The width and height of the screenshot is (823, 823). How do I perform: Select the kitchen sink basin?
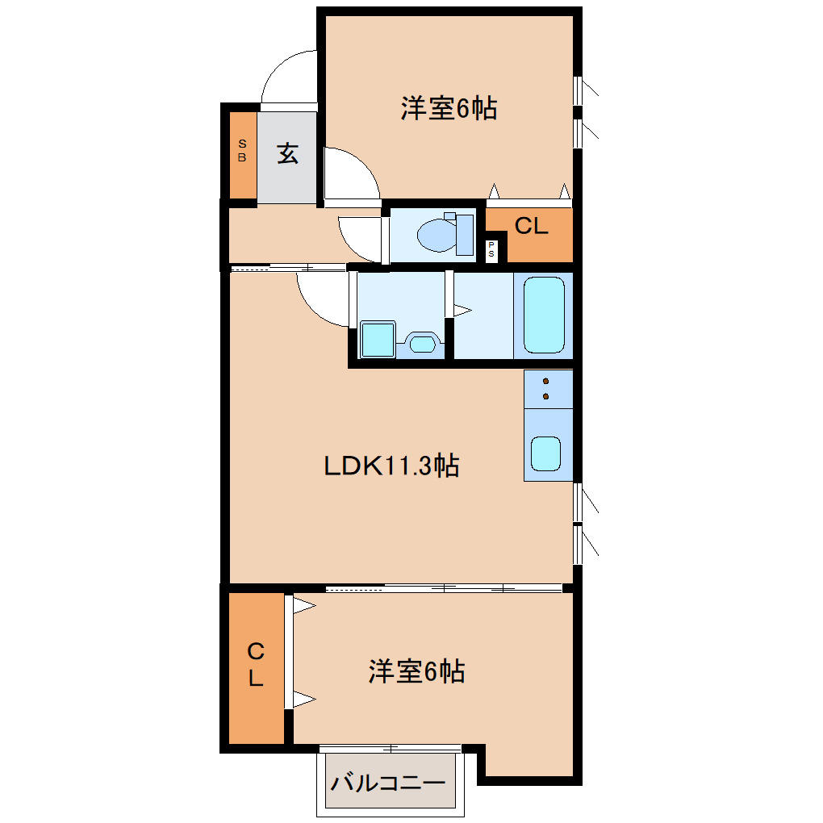pos(545,453)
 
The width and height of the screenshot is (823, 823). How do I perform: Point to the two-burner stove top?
pos(547,388)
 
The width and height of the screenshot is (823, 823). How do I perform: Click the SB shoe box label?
pos(241,151)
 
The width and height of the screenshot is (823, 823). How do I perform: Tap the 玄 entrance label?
pos(287,153)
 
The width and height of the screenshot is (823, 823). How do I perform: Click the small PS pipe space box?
pos(492,249)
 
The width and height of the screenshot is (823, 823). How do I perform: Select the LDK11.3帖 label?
pos(391,466)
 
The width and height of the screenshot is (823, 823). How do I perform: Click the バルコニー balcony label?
pos(388,783)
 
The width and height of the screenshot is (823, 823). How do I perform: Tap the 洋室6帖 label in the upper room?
pos(448,109)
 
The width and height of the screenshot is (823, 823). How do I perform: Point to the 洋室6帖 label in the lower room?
pos(416,672)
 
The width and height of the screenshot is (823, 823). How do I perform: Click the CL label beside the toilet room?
pos(531,228)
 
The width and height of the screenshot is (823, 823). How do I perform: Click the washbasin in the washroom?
pos(421,343)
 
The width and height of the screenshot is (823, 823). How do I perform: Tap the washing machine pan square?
pos(378,338)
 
